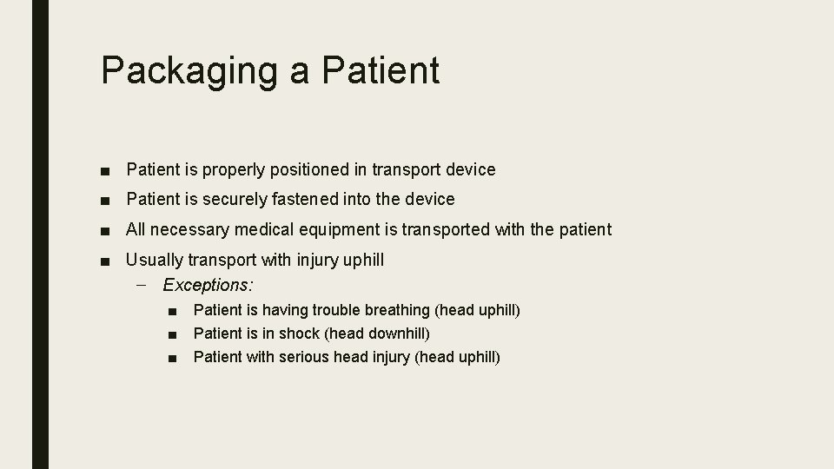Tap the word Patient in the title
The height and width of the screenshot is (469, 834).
coord(381,69)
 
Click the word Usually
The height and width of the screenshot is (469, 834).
coord(154,260)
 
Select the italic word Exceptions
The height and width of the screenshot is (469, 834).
coord(208,284)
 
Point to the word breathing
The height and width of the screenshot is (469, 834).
coord(395,310)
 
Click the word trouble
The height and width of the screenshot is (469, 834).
coord(335,310)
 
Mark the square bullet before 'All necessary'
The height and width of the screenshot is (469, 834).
coord(104,230)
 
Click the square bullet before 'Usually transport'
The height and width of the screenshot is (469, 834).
coord(104,260)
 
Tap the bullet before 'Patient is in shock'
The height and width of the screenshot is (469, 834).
coord(174,334)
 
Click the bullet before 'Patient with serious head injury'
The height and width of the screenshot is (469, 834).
coord(174,357)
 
